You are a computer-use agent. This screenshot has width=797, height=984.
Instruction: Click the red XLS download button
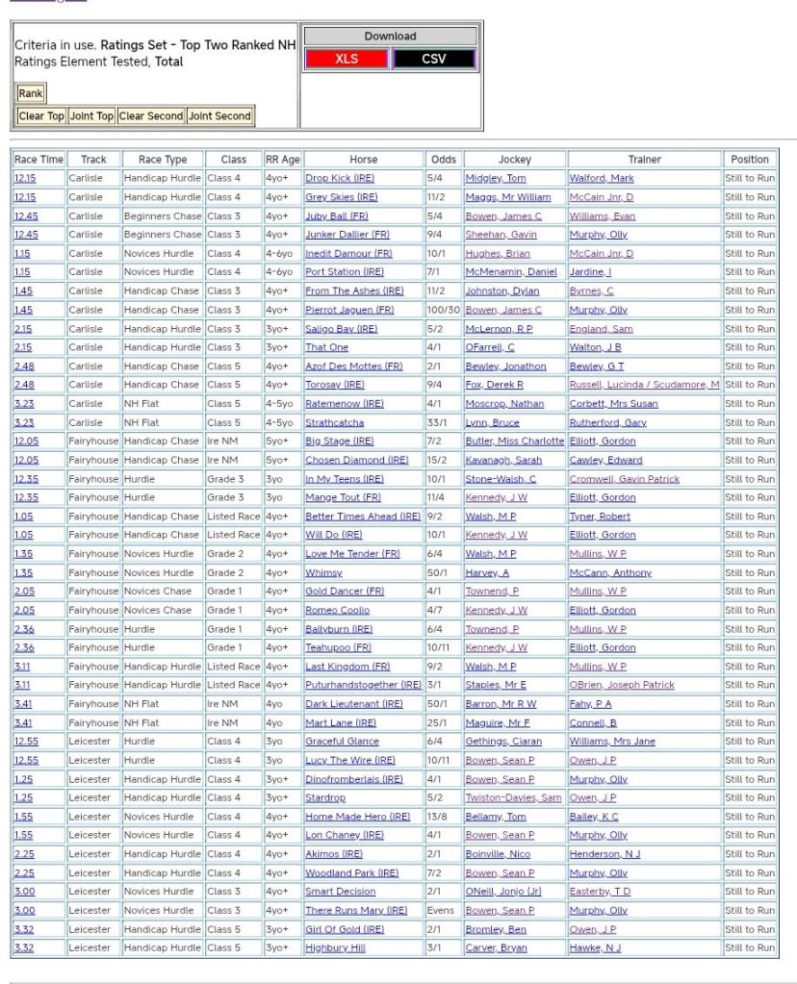[346, 59]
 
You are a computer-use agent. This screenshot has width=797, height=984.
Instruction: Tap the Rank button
[31, 93]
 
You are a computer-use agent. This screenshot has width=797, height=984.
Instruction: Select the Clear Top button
[41, 116]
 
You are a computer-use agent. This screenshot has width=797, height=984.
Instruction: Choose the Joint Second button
[219, 116]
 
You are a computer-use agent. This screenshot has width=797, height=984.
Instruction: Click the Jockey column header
[514, 160]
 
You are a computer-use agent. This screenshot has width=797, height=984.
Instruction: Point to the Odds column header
[444, 160]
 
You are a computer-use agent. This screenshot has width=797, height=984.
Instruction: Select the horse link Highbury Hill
[335, 948]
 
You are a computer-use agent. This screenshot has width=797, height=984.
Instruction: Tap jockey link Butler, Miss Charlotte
[514, 442]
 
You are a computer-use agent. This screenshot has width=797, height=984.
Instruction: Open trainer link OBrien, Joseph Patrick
[622, 686]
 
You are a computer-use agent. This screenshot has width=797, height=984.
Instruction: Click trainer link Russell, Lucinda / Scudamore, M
[644, 385]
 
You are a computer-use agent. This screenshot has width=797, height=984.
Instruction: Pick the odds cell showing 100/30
[444, 310]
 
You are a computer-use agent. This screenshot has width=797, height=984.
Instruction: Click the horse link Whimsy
[323, 572]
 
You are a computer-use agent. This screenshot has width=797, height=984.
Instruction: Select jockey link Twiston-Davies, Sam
[513, 798]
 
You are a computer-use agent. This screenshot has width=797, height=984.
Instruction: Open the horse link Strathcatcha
[334, 422]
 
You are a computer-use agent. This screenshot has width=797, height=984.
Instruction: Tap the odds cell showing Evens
[441, 911]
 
